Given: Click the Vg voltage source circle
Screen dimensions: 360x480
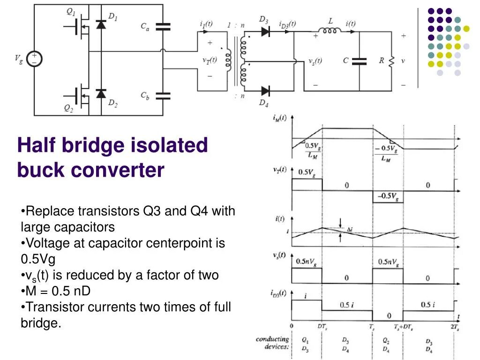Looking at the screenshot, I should point(34,59).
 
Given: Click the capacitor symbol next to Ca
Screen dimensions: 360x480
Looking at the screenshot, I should point(163,26).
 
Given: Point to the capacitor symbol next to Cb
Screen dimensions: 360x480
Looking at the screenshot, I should point(163,96).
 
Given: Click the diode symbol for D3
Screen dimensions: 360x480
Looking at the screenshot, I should point(265,31).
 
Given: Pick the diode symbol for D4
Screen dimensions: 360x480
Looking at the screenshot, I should point(265,90).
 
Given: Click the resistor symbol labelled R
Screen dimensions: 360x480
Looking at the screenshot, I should point(391,61).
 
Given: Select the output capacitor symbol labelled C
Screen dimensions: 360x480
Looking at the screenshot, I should point(360,61).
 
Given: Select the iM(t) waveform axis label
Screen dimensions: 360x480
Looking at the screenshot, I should point(280,119).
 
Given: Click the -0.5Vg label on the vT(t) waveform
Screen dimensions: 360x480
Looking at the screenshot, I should point(387,195).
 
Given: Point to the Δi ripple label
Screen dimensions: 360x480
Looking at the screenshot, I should point(349,229).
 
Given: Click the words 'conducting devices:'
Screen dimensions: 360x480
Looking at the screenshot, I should point(272,343).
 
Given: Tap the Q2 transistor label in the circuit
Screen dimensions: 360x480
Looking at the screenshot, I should point(69,108).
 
